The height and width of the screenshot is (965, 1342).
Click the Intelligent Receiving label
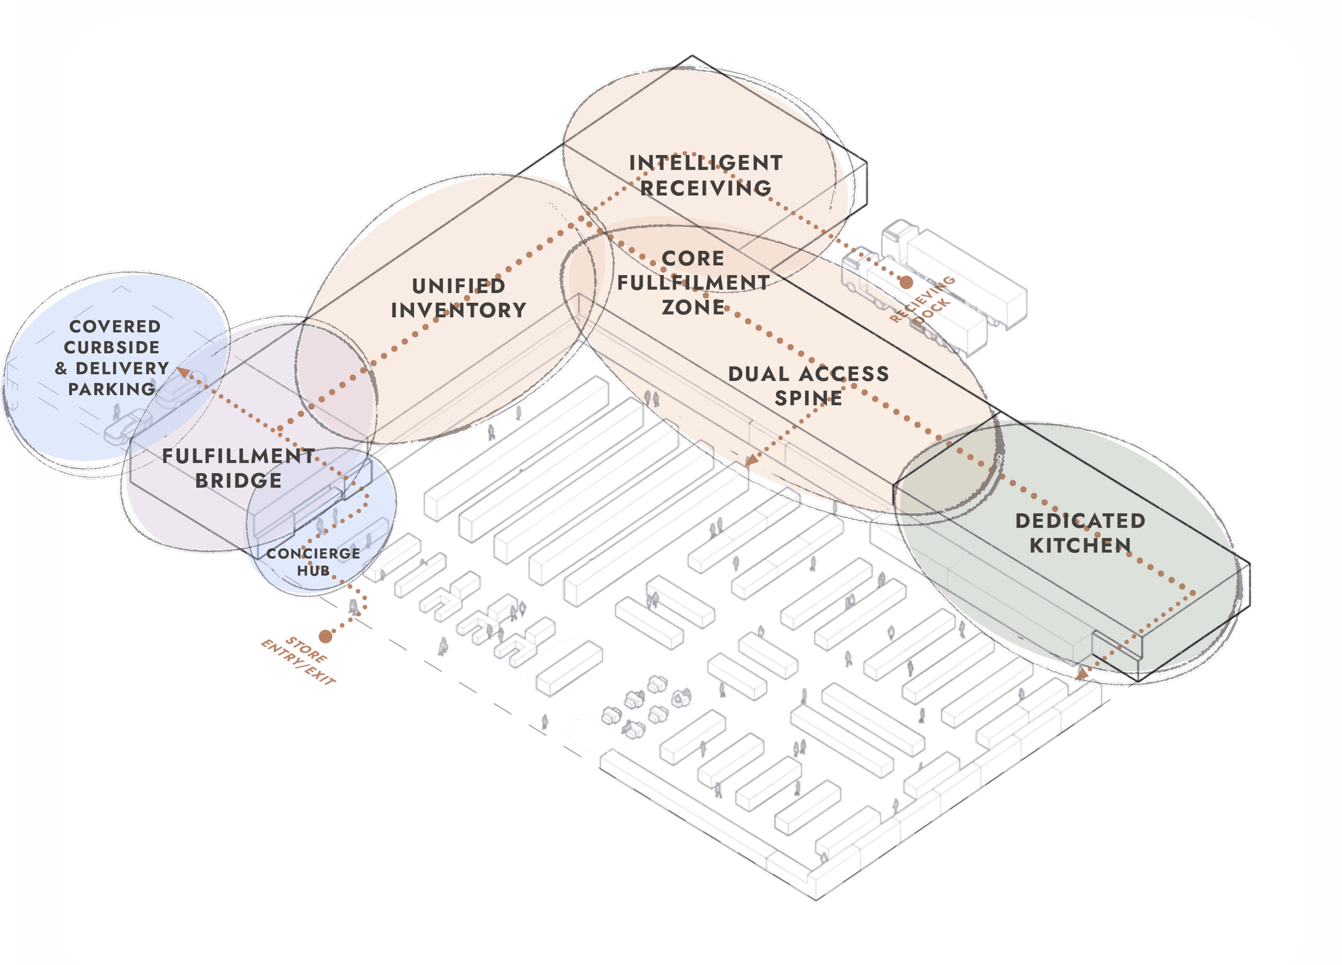pyautogui.click(x=706, y=175)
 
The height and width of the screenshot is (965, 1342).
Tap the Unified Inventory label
pyautogui.click(x=458, y=298)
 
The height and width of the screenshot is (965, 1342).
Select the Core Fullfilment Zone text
pyautogui.click(x=693, y=283)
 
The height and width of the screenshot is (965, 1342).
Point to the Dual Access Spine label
pyautogui.click(x=808, y=386)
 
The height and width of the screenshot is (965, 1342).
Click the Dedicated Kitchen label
pyautogui.click(x=1081, y=532)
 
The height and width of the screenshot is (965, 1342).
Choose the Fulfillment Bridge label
pyautogui.click(x=238, y=468)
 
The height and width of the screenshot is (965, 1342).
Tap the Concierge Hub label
pyautogui.click(x=313, y=562)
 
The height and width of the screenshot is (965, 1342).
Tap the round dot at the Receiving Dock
pyautogui.click(x=906, y=282)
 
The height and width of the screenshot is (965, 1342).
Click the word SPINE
pyautogui.click(x=808, y=398)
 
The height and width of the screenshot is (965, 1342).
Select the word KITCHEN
pyautogui.click(x=1081, y=545)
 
